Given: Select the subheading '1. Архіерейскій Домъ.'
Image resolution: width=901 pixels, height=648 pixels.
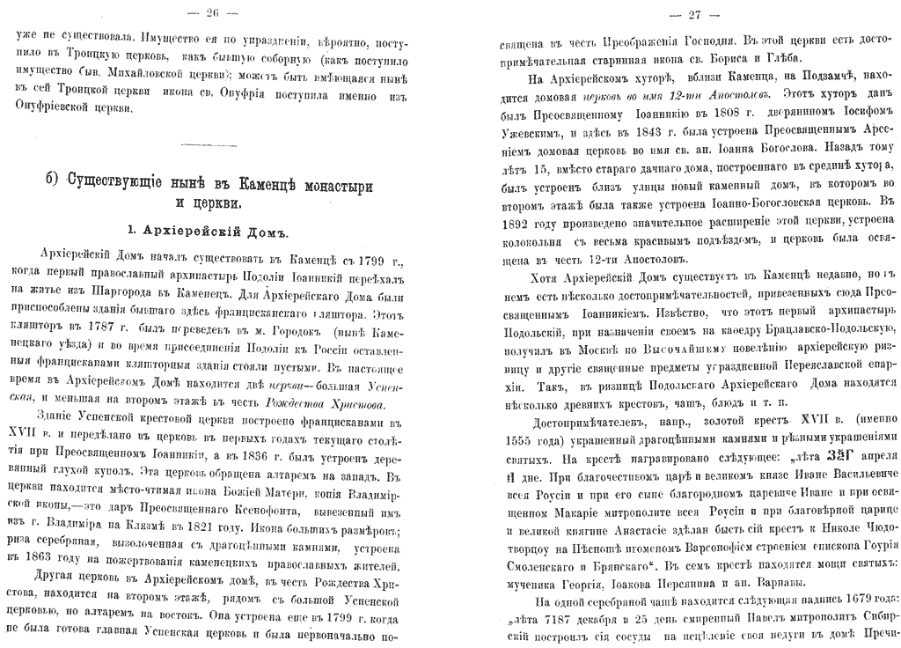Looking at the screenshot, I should pos(209,230).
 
